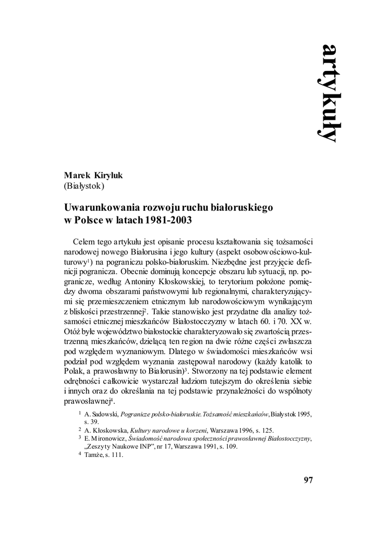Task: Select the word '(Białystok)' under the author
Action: (85, 186)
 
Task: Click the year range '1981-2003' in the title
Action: (170, 220)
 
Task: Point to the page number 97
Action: (308, 480)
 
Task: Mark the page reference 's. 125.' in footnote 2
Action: (262, 430)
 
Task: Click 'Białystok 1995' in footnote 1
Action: (292, 414)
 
